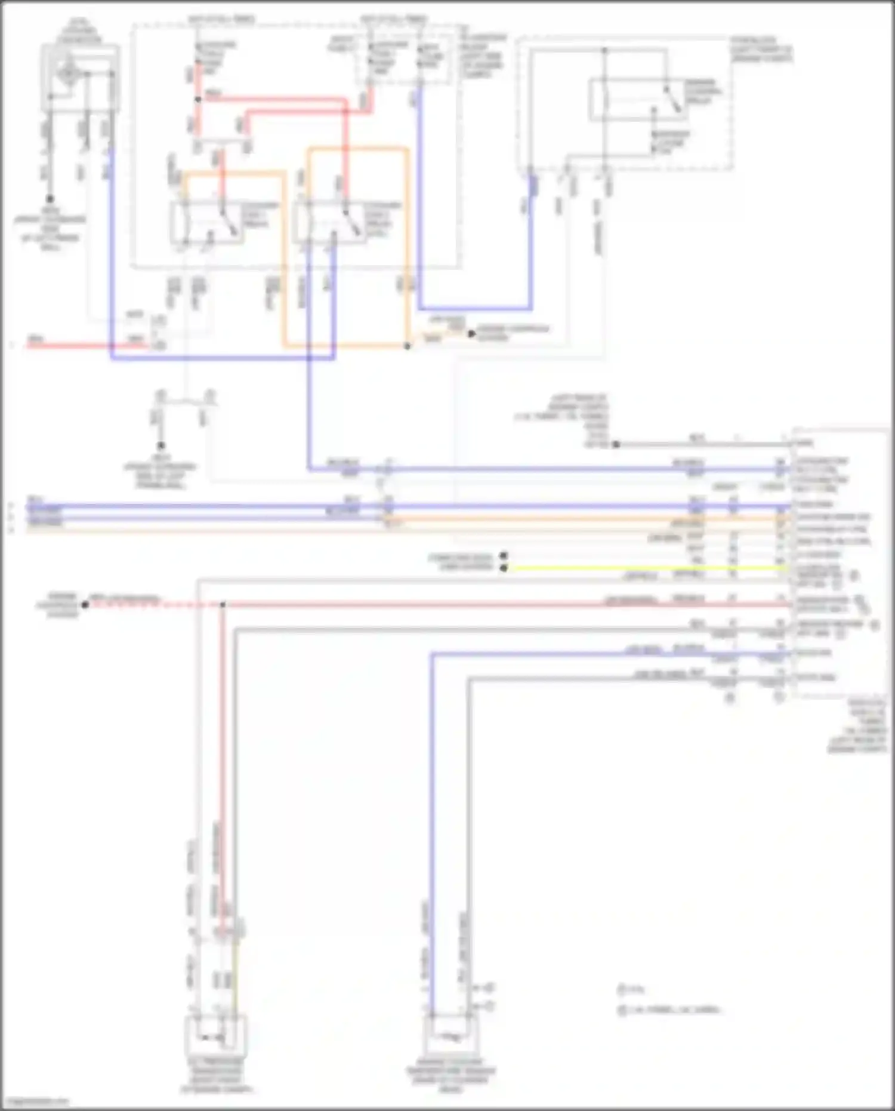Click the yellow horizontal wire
click(644, 568)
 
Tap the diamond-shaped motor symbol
click(69, 74)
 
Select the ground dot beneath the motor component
click(50, 199)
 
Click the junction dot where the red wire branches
click(198, 100)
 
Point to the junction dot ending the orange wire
click(408, 346)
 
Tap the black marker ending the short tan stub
click(471, 334)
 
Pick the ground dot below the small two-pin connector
click(161, 445)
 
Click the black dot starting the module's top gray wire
click(616, 444)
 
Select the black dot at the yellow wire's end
click(504, 568)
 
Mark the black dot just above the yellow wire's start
click(504, 556)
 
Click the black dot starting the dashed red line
click(85, 605)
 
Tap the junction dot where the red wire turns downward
click(223, 605)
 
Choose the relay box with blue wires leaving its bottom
click(328, 222)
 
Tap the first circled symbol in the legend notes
click(622, 990)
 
